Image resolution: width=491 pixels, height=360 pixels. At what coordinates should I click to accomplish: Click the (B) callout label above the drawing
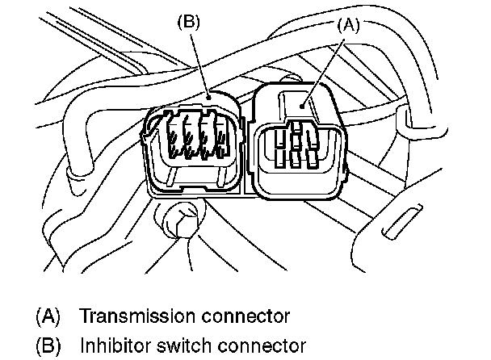189,23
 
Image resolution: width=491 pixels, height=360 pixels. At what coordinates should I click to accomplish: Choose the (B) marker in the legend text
48,345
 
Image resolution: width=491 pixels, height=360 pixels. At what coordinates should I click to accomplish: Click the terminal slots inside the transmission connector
299,145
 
